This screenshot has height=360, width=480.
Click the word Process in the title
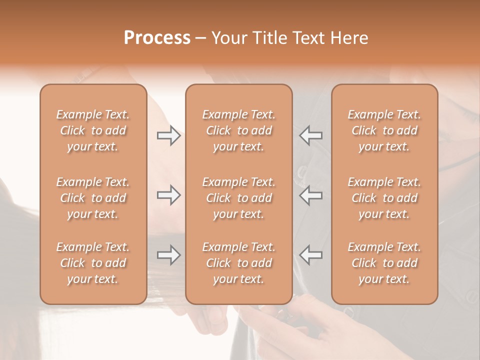(x=157, y=38)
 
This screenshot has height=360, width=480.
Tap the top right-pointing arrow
(x=168, y=135)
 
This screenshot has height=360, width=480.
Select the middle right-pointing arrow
(x=168, y=195)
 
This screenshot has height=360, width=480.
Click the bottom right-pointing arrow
(x=168, y=255)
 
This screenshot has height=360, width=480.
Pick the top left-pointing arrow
(x=310, y=135)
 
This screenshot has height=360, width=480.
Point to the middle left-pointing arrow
(x=310, y=195)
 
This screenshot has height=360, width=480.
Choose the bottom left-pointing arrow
(x=310, y=255)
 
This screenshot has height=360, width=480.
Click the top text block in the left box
(x=93, y=130)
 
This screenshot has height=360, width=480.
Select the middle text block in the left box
(x=93, y=198)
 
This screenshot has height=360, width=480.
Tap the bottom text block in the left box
(x=93, y=263)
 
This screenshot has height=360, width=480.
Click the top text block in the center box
(x=238, y=130)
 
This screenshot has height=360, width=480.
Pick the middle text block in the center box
(x=238, y=198)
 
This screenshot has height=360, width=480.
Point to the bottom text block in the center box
(x=238, y=263)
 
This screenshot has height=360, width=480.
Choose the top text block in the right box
(x=384, y=130)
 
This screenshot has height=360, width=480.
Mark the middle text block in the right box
(x=384, y=198)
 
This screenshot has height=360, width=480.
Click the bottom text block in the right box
(x=384, y=263)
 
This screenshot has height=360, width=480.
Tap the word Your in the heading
(x=228, y=38)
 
